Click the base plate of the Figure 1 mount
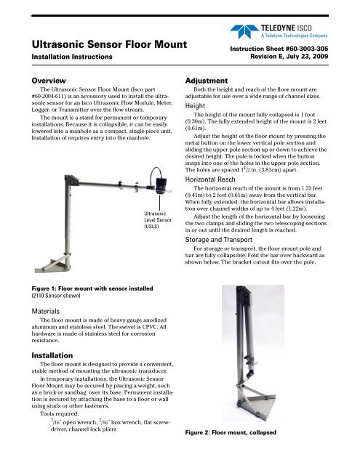click(x=52, y=261)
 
